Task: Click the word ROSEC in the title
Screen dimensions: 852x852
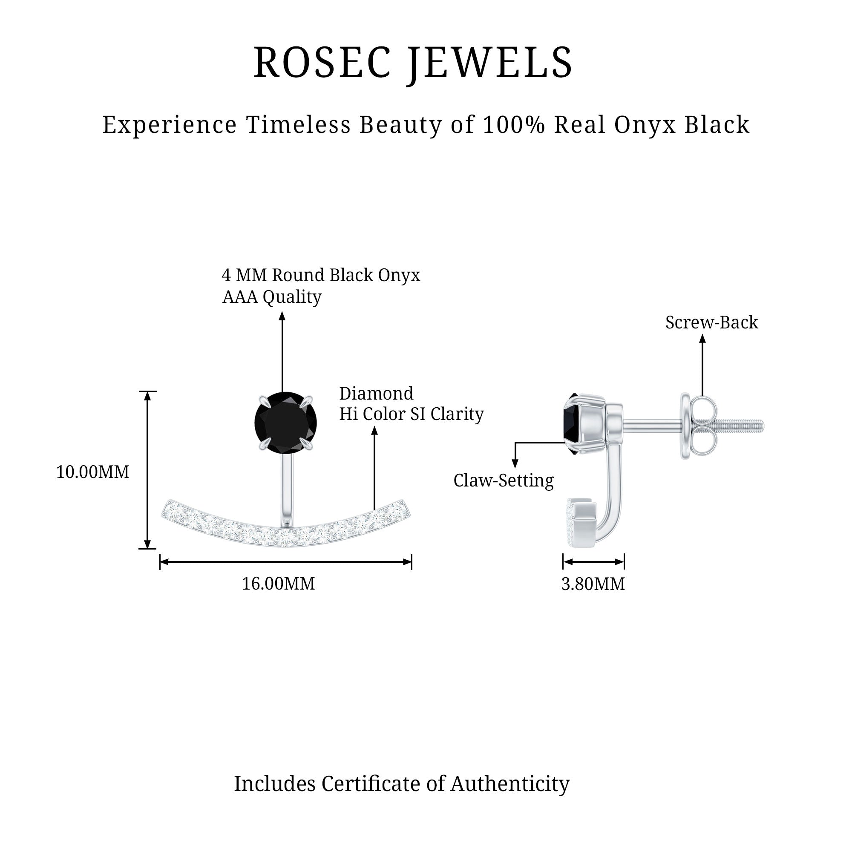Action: point(322,63)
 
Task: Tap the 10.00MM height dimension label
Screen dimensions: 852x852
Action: point(92,472)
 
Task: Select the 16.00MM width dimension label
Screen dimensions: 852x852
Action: point(278,584)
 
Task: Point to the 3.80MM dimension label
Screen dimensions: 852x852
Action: point(593,584)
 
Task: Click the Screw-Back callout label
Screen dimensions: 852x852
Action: point(711,322)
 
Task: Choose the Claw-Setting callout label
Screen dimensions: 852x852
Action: point(503,481)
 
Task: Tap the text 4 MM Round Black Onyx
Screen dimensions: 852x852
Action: point(321,275)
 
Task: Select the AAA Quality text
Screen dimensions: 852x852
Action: point(272,297)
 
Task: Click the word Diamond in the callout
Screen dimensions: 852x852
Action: point(376,393)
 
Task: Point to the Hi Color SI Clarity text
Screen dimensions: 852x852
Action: point(411,414)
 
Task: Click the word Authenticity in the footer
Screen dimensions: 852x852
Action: point(510,784)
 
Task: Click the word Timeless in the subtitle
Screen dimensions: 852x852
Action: point(298,125)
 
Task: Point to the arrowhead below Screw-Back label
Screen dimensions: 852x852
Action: point(702,339)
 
